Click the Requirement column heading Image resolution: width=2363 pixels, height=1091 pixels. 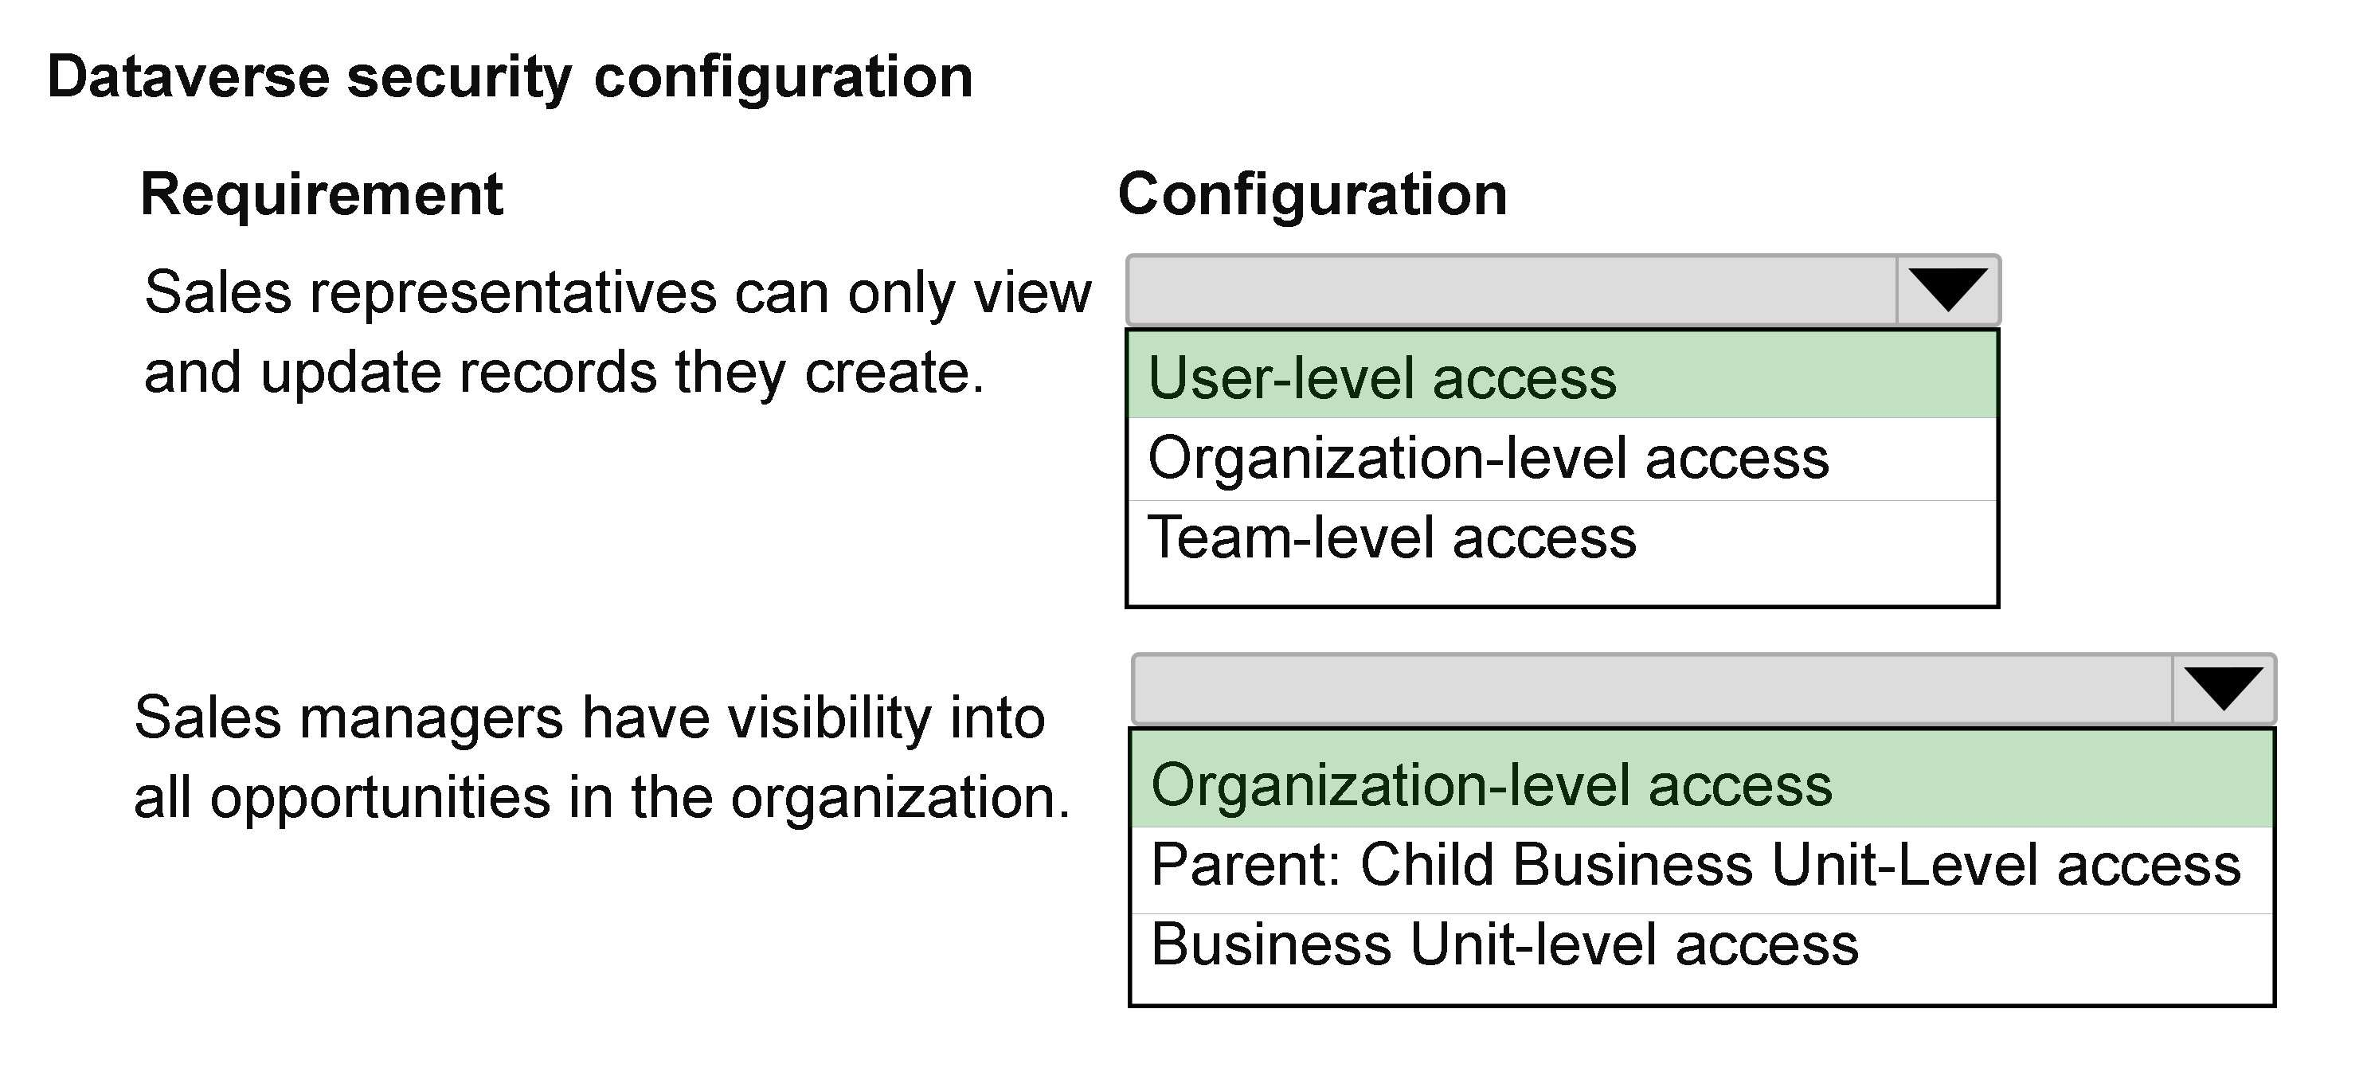321,194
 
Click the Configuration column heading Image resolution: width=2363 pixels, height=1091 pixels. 1313,194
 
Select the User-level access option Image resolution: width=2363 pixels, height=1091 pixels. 1382,378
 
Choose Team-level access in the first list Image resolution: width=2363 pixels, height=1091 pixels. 1391,538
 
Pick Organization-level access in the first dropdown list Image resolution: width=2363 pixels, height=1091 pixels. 1488,458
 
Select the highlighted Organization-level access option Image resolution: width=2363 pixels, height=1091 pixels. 1492,785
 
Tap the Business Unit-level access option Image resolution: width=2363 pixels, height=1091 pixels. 1504,944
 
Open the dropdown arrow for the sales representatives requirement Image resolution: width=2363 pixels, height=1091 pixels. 1947,290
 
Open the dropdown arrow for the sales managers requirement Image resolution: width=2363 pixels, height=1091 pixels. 2224,689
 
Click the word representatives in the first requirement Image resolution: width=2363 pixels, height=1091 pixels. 513,295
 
